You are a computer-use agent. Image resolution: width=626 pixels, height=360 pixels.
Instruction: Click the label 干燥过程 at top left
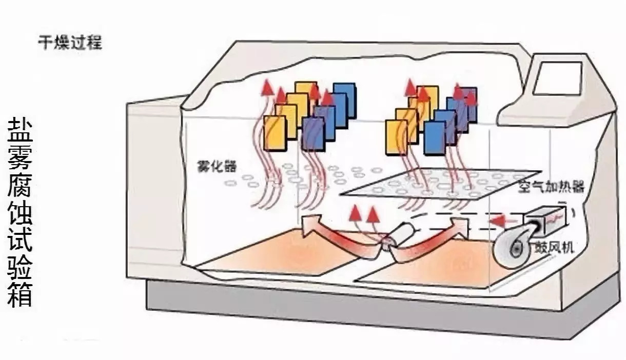coord(70,42)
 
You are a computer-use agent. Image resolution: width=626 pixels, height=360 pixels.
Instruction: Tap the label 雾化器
coord(212,166)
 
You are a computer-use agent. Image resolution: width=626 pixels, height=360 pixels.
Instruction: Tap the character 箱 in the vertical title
coord(20,294)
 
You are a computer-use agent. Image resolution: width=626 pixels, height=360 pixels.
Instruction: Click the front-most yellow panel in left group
coord(275,133)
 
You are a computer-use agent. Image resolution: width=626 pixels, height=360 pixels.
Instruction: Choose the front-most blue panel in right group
coord(435,137)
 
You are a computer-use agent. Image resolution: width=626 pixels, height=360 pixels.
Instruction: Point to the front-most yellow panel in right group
coord(396,137)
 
